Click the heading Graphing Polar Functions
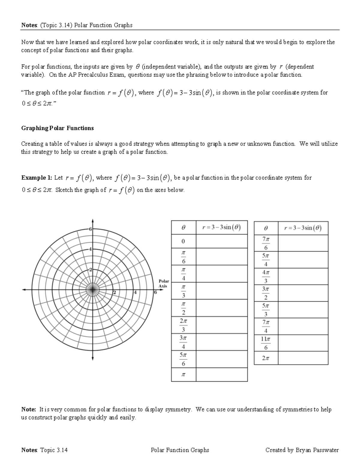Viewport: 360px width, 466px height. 57,128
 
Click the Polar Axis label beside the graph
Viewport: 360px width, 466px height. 164,284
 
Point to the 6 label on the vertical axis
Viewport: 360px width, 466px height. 90,229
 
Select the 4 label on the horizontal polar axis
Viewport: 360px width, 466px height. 135,292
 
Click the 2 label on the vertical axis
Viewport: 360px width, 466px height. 90,269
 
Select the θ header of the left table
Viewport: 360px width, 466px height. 183,227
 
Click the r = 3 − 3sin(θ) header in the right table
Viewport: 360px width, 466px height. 303,228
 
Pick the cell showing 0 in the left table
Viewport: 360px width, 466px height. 183,241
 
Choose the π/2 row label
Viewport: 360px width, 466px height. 183,308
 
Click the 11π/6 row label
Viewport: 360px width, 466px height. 266,343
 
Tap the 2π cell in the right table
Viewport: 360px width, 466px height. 266,358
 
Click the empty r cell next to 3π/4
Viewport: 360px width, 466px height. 221,342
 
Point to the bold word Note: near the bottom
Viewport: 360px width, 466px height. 29,409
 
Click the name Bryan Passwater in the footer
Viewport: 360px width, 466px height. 317,450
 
